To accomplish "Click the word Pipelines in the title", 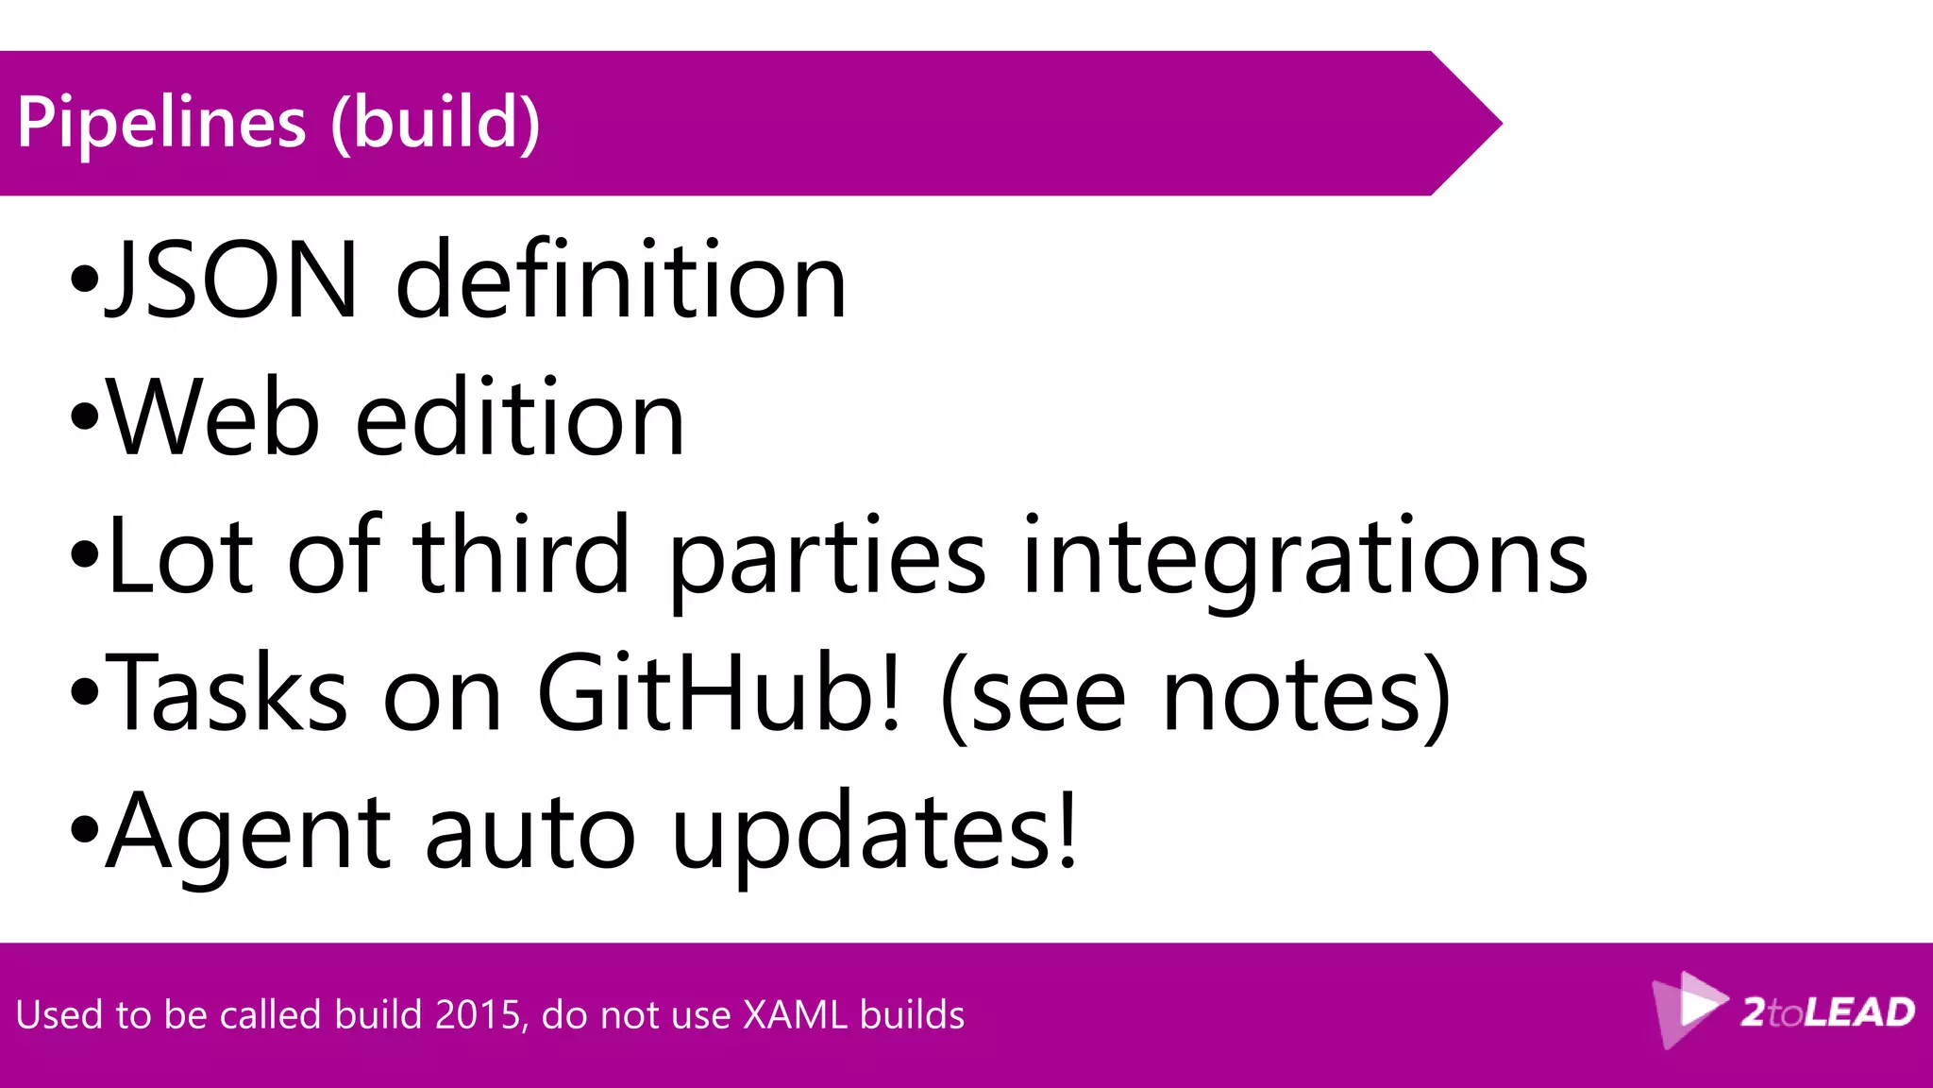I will coord(161,123).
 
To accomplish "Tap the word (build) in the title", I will coord(435,123).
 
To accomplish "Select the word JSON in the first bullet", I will coord(232,280).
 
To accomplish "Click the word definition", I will coord(620,280).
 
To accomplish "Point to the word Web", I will coord(212,418).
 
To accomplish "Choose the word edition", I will coord(519,418).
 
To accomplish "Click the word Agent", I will coord(247,833).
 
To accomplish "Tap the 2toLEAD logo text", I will coord(1827,1012).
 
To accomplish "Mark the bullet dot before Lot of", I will coord(85,556).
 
